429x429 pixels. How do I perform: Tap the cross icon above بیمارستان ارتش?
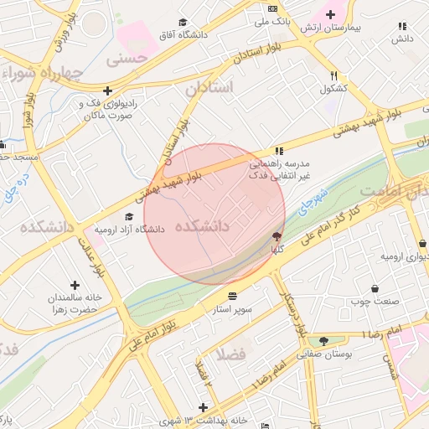(x=330, y=14)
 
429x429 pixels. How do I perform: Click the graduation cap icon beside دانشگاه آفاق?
(x=183, y=23)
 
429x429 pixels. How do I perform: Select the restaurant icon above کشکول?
(x=334, y=75)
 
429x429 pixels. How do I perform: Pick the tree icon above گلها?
(x=277, y=237)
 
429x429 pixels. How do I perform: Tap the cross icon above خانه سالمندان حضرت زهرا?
(x=75, y=286)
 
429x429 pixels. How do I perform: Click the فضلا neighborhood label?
(x=230, y=354)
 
